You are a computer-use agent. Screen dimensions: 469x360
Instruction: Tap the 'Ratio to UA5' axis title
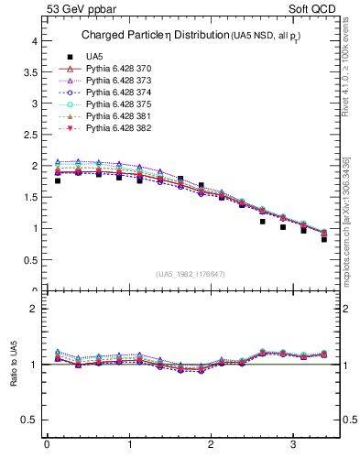[14, 365]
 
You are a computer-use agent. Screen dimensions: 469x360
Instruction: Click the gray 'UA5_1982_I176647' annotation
[191, 274]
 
